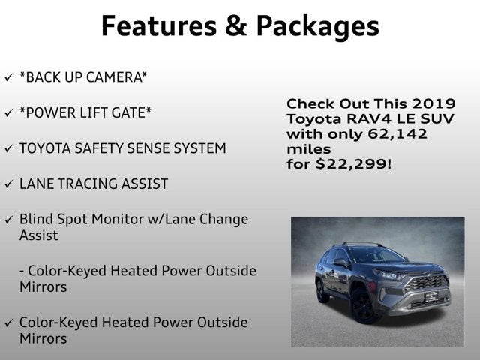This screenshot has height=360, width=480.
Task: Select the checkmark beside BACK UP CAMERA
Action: [x=8, y=76]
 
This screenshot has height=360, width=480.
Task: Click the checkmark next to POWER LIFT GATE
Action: [x=8, y=112]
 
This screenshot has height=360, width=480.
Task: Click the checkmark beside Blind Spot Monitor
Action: [x=8, y=220]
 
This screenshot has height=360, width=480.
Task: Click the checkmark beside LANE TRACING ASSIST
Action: [x=8, y=184]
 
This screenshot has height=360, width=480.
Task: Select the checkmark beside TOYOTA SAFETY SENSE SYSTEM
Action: [x=8, y=148]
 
